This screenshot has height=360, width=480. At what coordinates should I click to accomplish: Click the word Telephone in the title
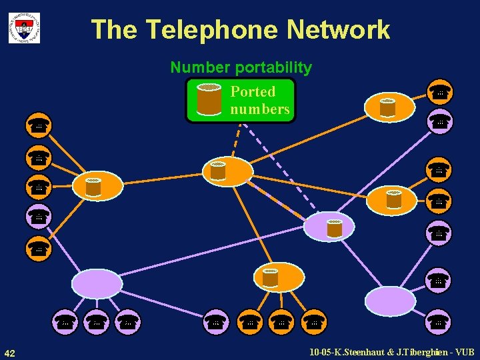(x=213, y=30)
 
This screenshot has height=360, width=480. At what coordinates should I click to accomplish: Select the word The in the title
(x=115, y=30)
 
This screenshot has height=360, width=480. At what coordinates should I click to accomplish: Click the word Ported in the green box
(x=253, y=91)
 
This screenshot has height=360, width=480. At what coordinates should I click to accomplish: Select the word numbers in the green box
(x=260, y=109)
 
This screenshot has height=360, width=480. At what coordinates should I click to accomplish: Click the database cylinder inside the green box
(x=209, y=99)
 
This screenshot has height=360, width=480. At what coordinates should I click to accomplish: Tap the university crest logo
(x=24, y=28)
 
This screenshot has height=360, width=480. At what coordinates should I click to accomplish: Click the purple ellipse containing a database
(x=329, y=227)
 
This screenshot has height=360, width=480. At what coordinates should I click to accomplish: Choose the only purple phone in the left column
(x=39, y=216)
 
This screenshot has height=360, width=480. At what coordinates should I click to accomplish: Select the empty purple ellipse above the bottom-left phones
(x=97, y=283)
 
